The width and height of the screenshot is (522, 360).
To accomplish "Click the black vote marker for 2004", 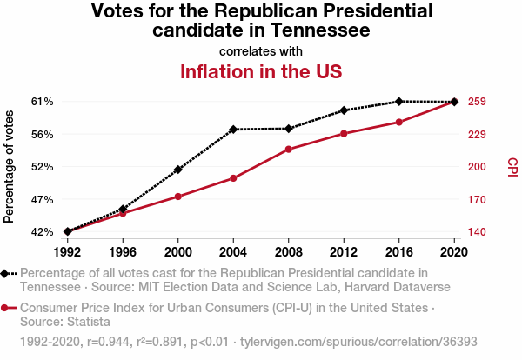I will [233, 130].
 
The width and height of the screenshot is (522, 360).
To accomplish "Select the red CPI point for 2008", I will [289, 150].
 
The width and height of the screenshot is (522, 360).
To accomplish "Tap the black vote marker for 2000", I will [178, 170].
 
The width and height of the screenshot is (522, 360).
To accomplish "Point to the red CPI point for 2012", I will [344, 134].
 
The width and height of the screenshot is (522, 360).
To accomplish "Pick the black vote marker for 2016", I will [399, 102].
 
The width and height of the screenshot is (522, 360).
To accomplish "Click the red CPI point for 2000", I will [178, 197].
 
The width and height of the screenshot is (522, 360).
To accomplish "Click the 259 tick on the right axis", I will [476, 102].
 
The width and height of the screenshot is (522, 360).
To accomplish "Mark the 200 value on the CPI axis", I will [476, 167].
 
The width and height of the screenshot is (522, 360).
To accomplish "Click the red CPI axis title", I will [512, 167].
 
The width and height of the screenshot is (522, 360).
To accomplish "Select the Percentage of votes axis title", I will [10, 167].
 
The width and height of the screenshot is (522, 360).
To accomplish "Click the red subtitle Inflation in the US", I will [261, 71].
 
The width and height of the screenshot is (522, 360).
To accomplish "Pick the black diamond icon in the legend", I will [8, 274].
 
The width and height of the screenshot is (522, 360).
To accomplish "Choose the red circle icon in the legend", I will [8, 309].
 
